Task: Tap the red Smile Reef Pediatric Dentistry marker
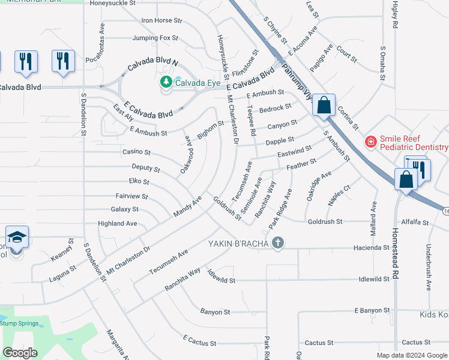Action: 372,142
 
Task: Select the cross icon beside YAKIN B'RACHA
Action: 277,243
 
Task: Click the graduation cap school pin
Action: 17,238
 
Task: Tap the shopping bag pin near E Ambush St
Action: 324,106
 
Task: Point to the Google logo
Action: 21,352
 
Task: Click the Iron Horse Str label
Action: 161,20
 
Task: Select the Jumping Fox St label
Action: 155,38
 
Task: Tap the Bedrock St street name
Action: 276,109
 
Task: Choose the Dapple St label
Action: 280,142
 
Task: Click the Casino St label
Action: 136,152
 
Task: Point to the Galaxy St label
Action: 124,209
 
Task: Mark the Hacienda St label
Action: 372,247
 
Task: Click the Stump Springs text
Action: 19,323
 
